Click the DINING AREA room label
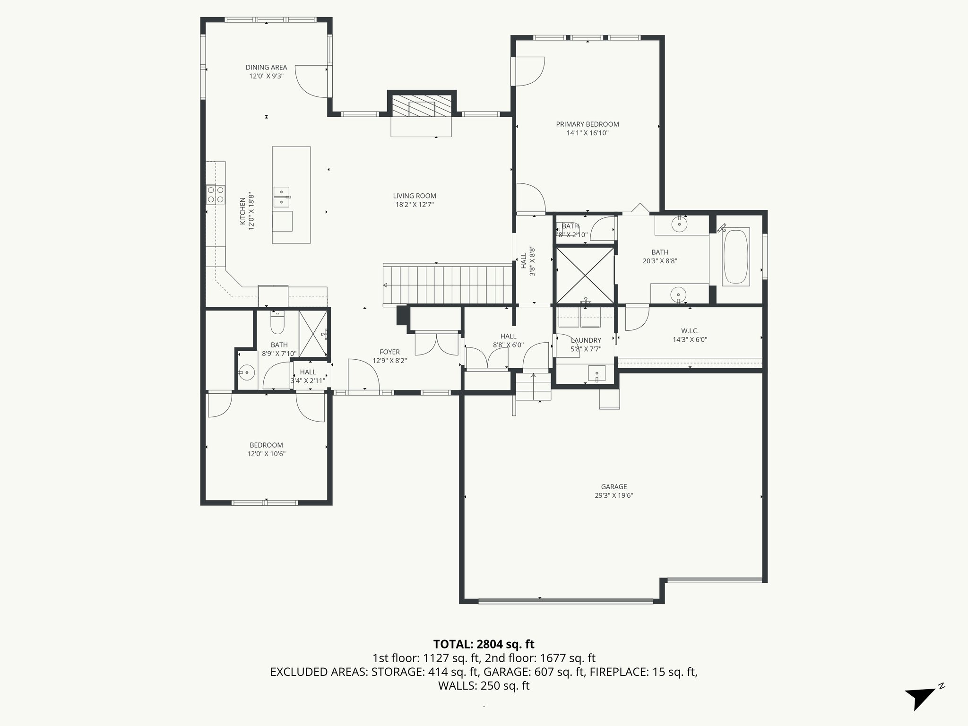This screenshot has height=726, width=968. click(266, 68)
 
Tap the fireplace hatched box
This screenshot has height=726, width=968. click(422, 109)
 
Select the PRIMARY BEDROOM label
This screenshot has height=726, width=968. click(587, 124)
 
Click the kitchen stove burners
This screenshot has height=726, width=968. click(216, 195)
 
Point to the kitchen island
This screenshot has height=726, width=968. click(291, 195)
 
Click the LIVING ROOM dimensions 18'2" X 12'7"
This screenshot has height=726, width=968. click(415, 205)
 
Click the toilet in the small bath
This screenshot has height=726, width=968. click(277, 323)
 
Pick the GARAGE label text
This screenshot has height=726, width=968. click(614, 486)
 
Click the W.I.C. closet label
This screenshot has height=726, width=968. click(690, 331)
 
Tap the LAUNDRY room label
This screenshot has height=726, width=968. click(586, 340)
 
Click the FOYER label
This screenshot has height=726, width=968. click(389, 352)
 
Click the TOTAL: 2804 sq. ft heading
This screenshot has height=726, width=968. click(484, 644)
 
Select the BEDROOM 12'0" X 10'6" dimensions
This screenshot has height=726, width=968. click(266, 454)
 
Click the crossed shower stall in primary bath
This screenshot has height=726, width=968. click(586, 276)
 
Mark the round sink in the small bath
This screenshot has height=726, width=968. click(247, 372)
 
